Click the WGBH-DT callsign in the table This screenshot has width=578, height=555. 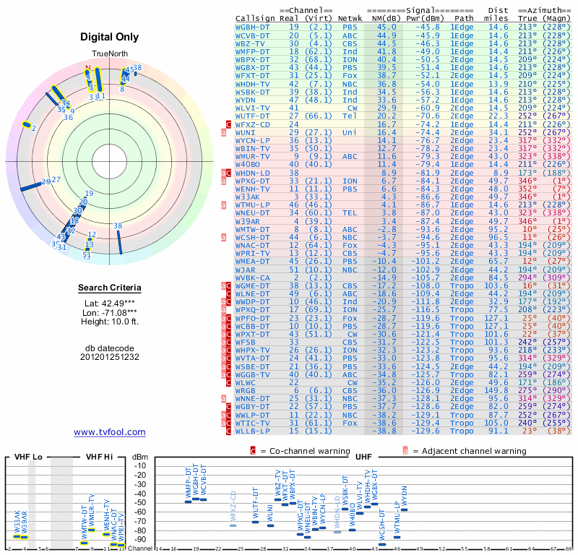coord(253,27)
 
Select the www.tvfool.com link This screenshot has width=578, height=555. coord(110,432)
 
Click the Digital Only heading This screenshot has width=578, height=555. coord(110,37)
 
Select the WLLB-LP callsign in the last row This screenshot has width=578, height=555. coord(253,431)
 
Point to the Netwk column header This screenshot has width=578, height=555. coord(350,18)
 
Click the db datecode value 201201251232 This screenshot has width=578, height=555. coord(110,357)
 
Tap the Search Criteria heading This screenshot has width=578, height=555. coord(110,288)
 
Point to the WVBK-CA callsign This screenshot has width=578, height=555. coord(253,277)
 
